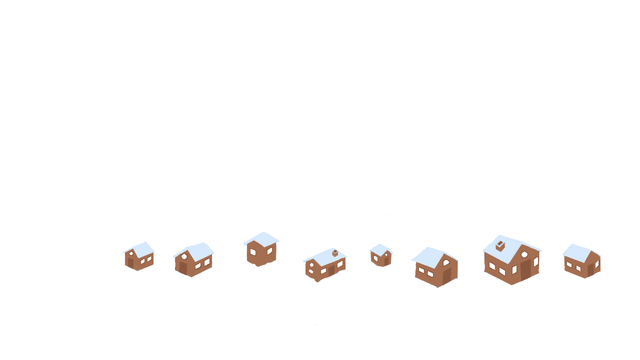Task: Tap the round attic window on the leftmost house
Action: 131,253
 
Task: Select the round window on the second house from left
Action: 184,256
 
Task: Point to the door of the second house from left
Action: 183,268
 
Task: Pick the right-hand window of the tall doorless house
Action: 270,251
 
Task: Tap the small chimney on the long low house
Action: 335,253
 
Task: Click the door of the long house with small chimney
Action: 331,270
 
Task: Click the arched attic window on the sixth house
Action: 446,262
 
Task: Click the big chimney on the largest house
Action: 500,245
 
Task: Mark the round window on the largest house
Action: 524,254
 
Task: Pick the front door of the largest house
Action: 525,270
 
